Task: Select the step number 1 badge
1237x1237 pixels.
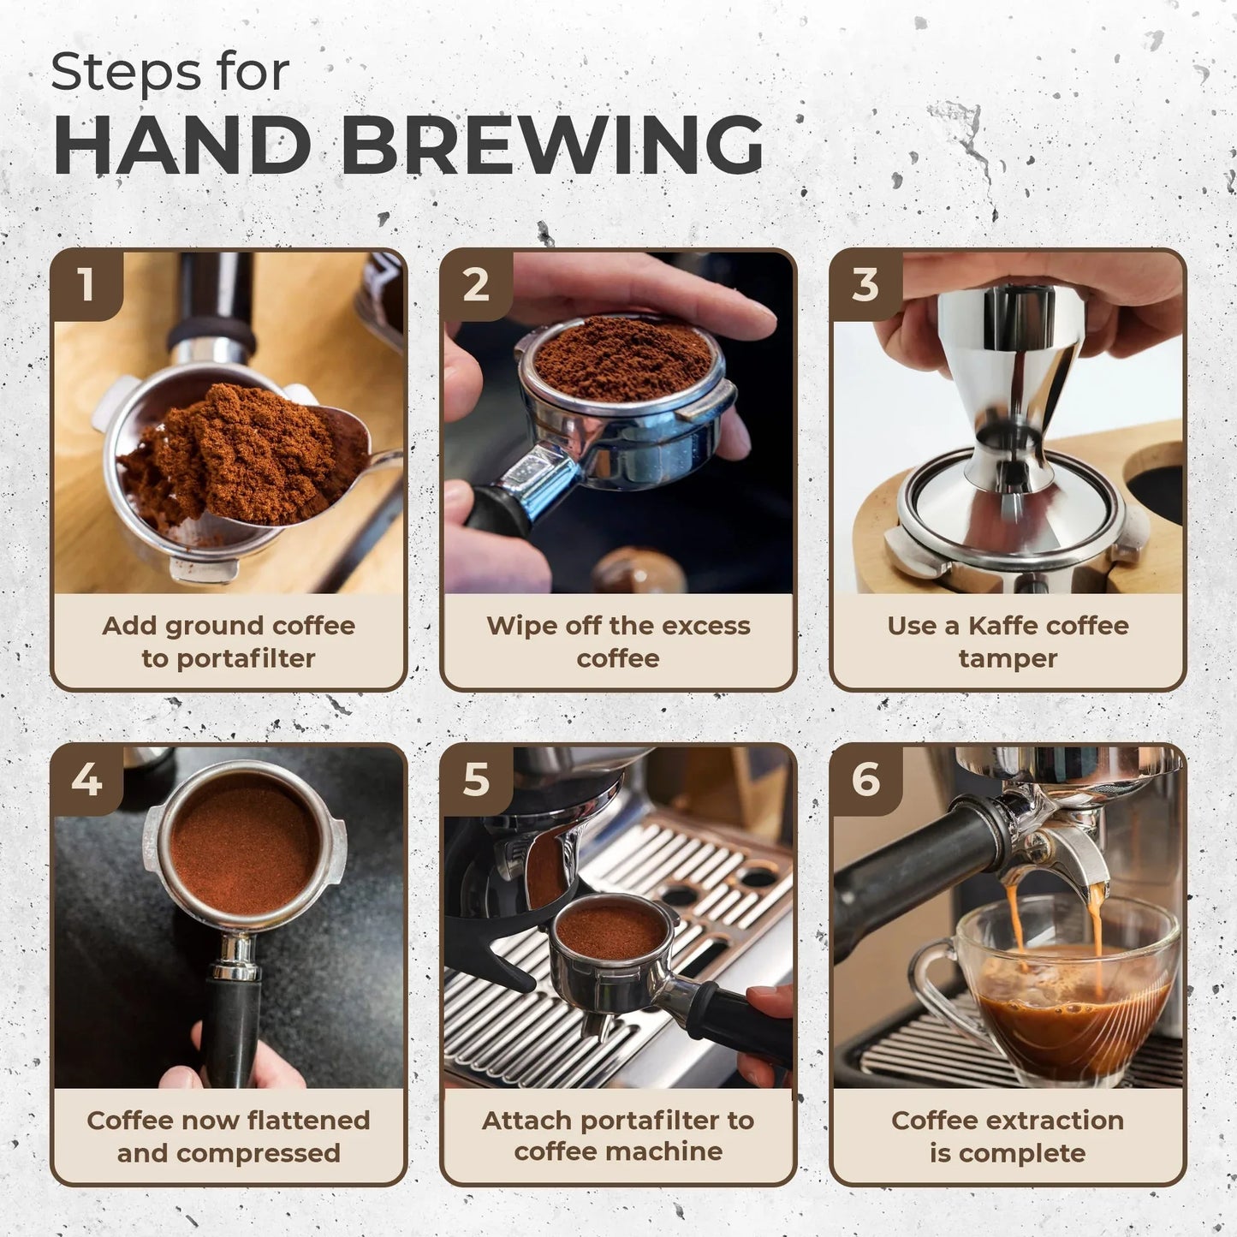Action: tap(86, 284)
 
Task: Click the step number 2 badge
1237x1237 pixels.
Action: tap(476, 284)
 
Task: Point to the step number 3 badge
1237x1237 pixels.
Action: tap(865, 284)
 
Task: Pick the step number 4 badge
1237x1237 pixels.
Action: tap(86, 779)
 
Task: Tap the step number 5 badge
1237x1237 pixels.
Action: tap(476, 779)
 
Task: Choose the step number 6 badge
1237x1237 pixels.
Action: tap(865, 779)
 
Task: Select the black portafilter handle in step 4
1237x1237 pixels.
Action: tap(230, 1027)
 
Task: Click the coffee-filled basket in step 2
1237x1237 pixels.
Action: tap(623, 360)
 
